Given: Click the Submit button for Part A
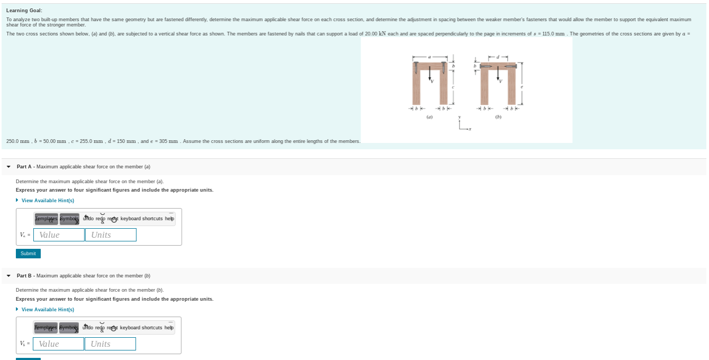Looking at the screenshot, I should coord(28,254).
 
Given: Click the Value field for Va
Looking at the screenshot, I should coord(59,235).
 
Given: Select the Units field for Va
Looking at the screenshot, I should coord(111,235).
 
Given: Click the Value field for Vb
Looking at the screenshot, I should coord(58,344).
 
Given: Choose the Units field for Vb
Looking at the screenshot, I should coord(110,344).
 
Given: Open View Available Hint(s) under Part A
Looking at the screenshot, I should coord(47,201).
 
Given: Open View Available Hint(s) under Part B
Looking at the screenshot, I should coord(47,310).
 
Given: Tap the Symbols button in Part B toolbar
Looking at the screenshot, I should coord(69,328).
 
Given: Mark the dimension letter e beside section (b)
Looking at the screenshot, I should coord(522,87).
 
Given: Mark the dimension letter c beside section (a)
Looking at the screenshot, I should coord(453,87).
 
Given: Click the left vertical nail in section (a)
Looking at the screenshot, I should coord(416,68).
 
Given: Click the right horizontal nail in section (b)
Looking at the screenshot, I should coord(510,66).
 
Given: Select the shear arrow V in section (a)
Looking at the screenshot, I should coord(430,74).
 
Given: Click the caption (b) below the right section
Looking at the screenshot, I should coord(498,117).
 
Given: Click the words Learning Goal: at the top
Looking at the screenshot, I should coord(24,11).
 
